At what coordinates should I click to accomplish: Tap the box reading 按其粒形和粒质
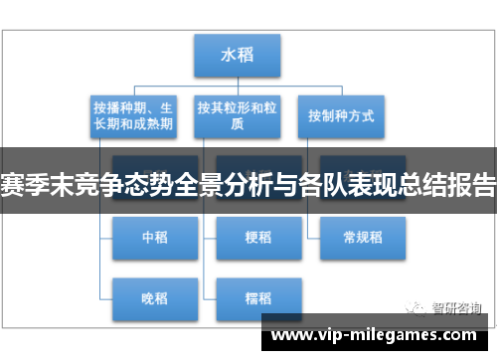(x=237, y=115)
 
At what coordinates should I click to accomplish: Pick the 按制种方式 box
(x=341, y=115)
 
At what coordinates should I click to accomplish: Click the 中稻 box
(x=153, y=237)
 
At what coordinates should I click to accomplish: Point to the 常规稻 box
(x=362, y=237)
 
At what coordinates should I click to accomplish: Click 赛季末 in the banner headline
(x=40, y=186)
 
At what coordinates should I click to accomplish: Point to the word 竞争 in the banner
(x=106, y=186)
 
